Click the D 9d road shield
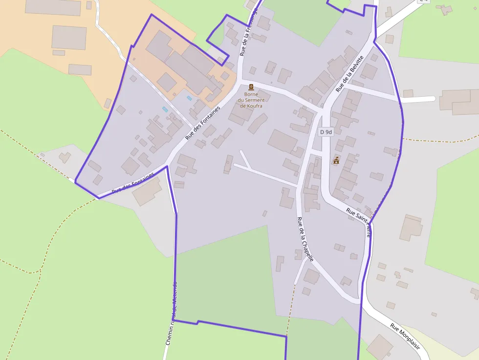pyautogui.click(x=326, y=132)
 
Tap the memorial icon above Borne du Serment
pyautogui.click(x=251, y=87)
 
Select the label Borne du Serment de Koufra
pyautogui.click(x=251, y=100)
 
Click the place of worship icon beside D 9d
pyautogui.click(x=336, y=160)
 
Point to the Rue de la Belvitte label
pyautogui.click(x=349, y=74)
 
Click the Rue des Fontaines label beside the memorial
pyautogui.click(x=202, y=123)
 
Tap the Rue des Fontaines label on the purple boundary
pyautogui.click(x=133, y=182)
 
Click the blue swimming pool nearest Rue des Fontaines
pyautogui.click(x=190, y=98)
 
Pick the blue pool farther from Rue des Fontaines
pyautogui.click(x=165, y=109)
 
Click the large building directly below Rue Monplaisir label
pyautogui.click(x=379, y=347)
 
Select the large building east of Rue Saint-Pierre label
pyautogui.click(x=411, y=228)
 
